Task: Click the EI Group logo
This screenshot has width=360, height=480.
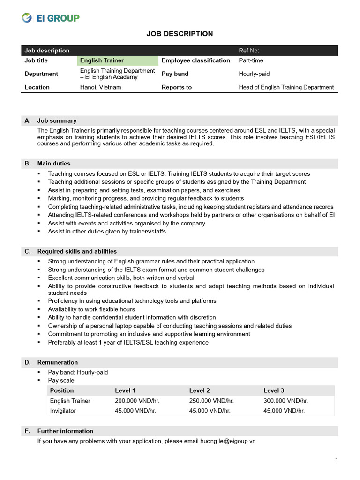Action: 51,18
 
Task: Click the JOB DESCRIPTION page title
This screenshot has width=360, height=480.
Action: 180,34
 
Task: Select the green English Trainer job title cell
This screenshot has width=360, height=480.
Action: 102,60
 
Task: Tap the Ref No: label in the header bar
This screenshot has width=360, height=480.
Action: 249,51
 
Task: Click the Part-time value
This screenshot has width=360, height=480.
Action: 251,60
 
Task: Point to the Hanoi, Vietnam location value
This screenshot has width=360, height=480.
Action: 101,87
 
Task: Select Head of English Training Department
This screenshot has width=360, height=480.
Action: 286,87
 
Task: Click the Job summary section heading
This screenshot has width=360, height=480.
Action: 57,120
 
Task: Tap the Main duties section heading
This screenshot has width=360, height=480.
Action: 54,164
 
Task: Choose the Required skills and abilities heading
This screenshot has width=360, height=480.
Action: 77,251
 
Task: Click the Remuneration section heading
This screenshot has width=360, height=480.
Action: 58,362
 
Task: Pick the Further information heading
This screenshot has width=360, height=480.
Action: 65,431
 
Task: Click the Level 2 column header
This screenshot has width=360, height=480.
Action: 199,390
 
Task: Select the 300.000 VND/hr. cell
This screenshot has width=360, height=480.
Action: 285,401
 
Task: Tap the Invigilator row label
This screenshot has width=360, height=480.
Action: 63,410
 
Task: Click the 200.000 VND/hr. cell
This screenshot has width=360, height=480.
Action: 137,401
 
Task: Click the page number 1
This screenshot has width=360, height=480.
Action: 337,460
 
